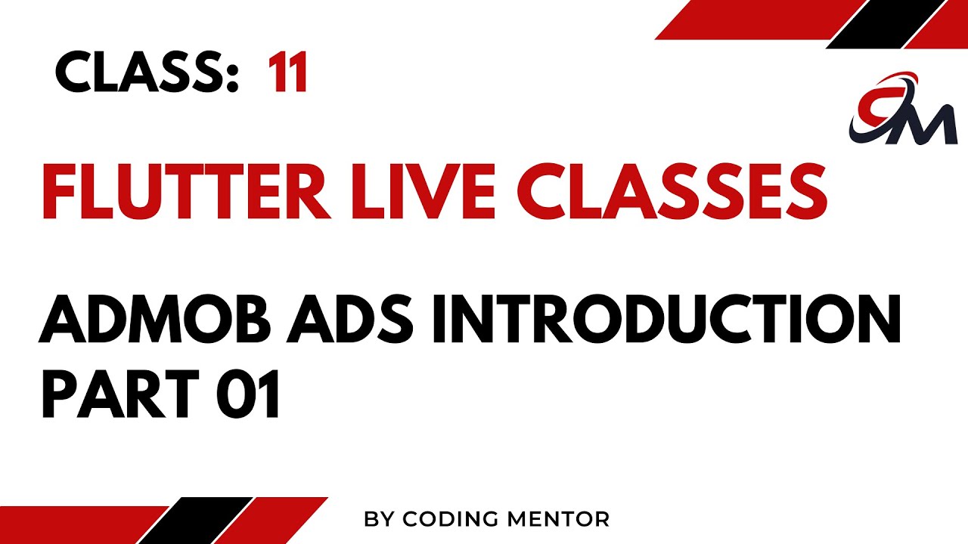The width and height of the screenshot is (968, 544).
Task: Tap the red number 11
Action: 287,74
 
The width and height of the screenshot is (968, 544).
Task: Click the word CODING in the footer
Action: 449,519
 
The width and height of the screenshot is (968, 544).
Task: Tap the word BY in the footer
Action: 380,519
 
